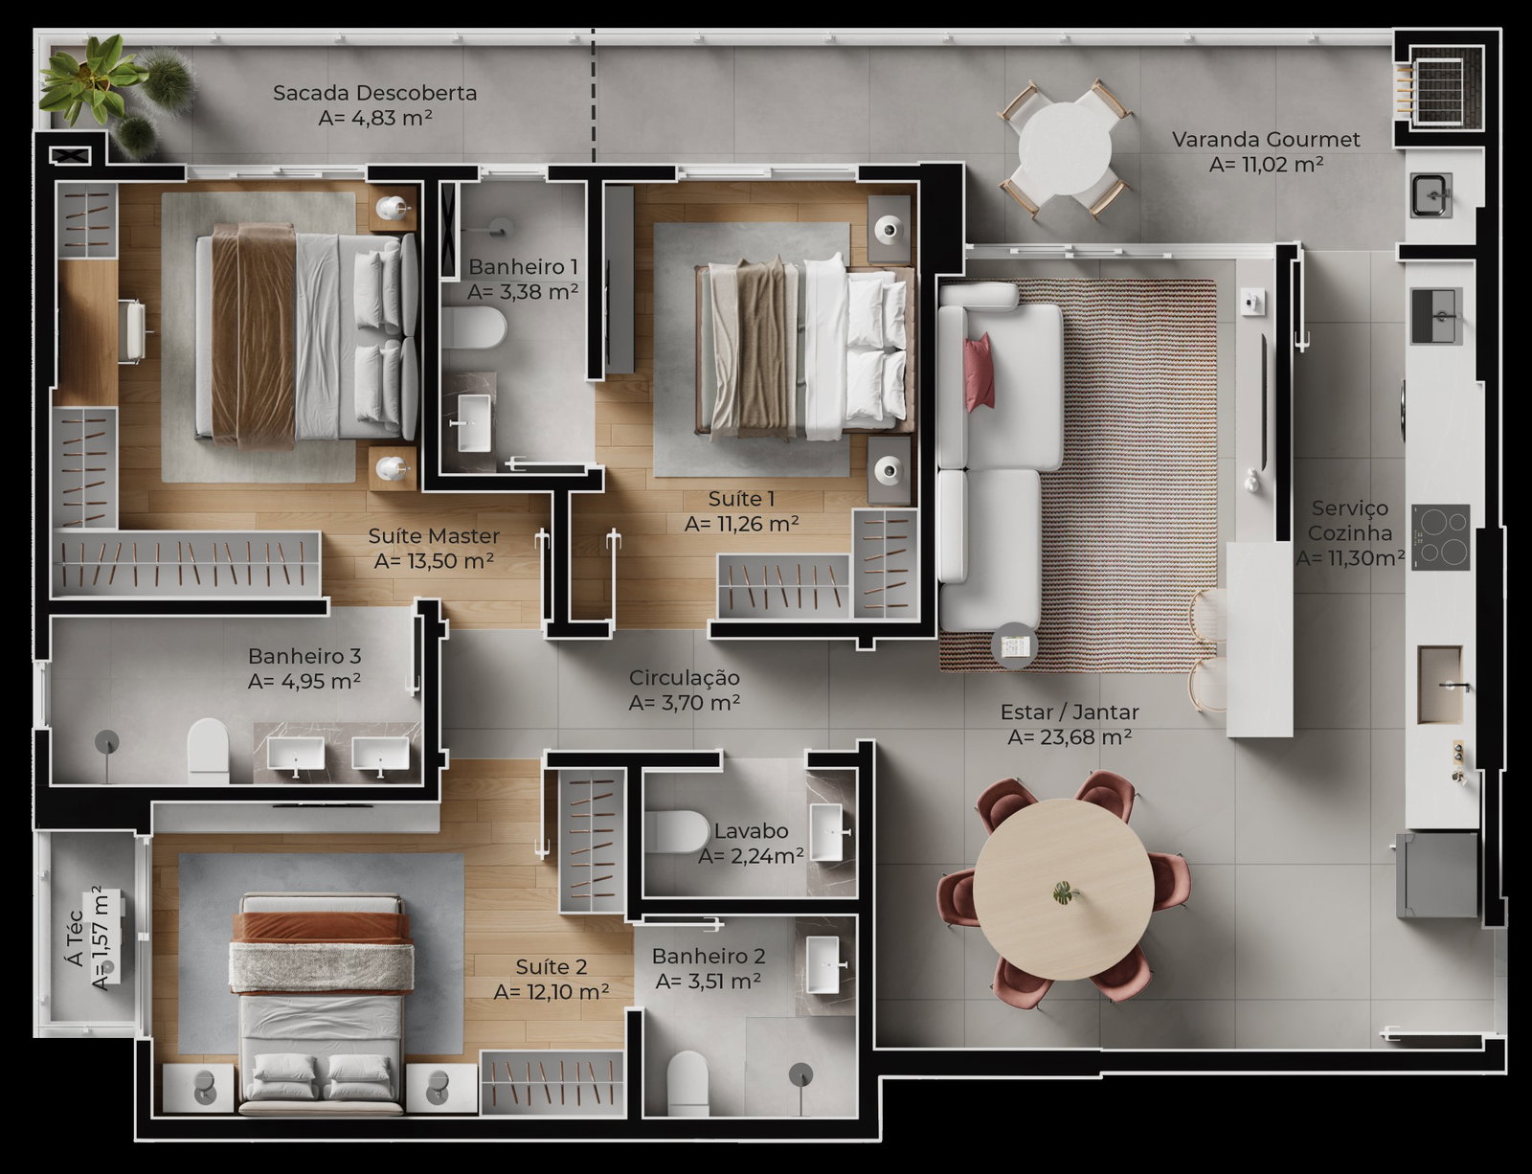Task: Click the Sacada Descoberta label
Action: click(x=374, y=92)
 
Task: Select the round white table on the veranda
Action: click(x=1065, y=149)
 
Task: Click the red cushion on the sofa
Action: click(x=980, y=372)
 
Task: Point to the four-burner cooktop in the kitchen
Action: click(x=1440, y=537)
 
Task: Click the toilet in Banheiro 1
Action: click(x=475, y=327)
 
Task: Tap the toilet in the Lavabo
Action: click(x=678, y=832)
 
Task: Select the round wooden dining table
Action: click(x=1064, y=889)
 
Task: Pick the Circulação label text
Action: click(x=684, y=678)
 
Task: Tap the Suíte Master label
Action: click(x=434, y=536)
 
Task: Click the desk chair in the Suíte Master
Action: click(x=133, y=331)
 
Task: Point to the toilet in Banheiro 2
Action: click(x=687, y=1083)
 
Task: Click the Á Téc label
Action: click(x=76, y=937)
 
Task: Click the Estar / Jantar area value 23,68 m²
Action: click(x=1070, y=736)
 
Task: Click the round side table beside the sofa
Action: click(x=1014, y=645)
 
